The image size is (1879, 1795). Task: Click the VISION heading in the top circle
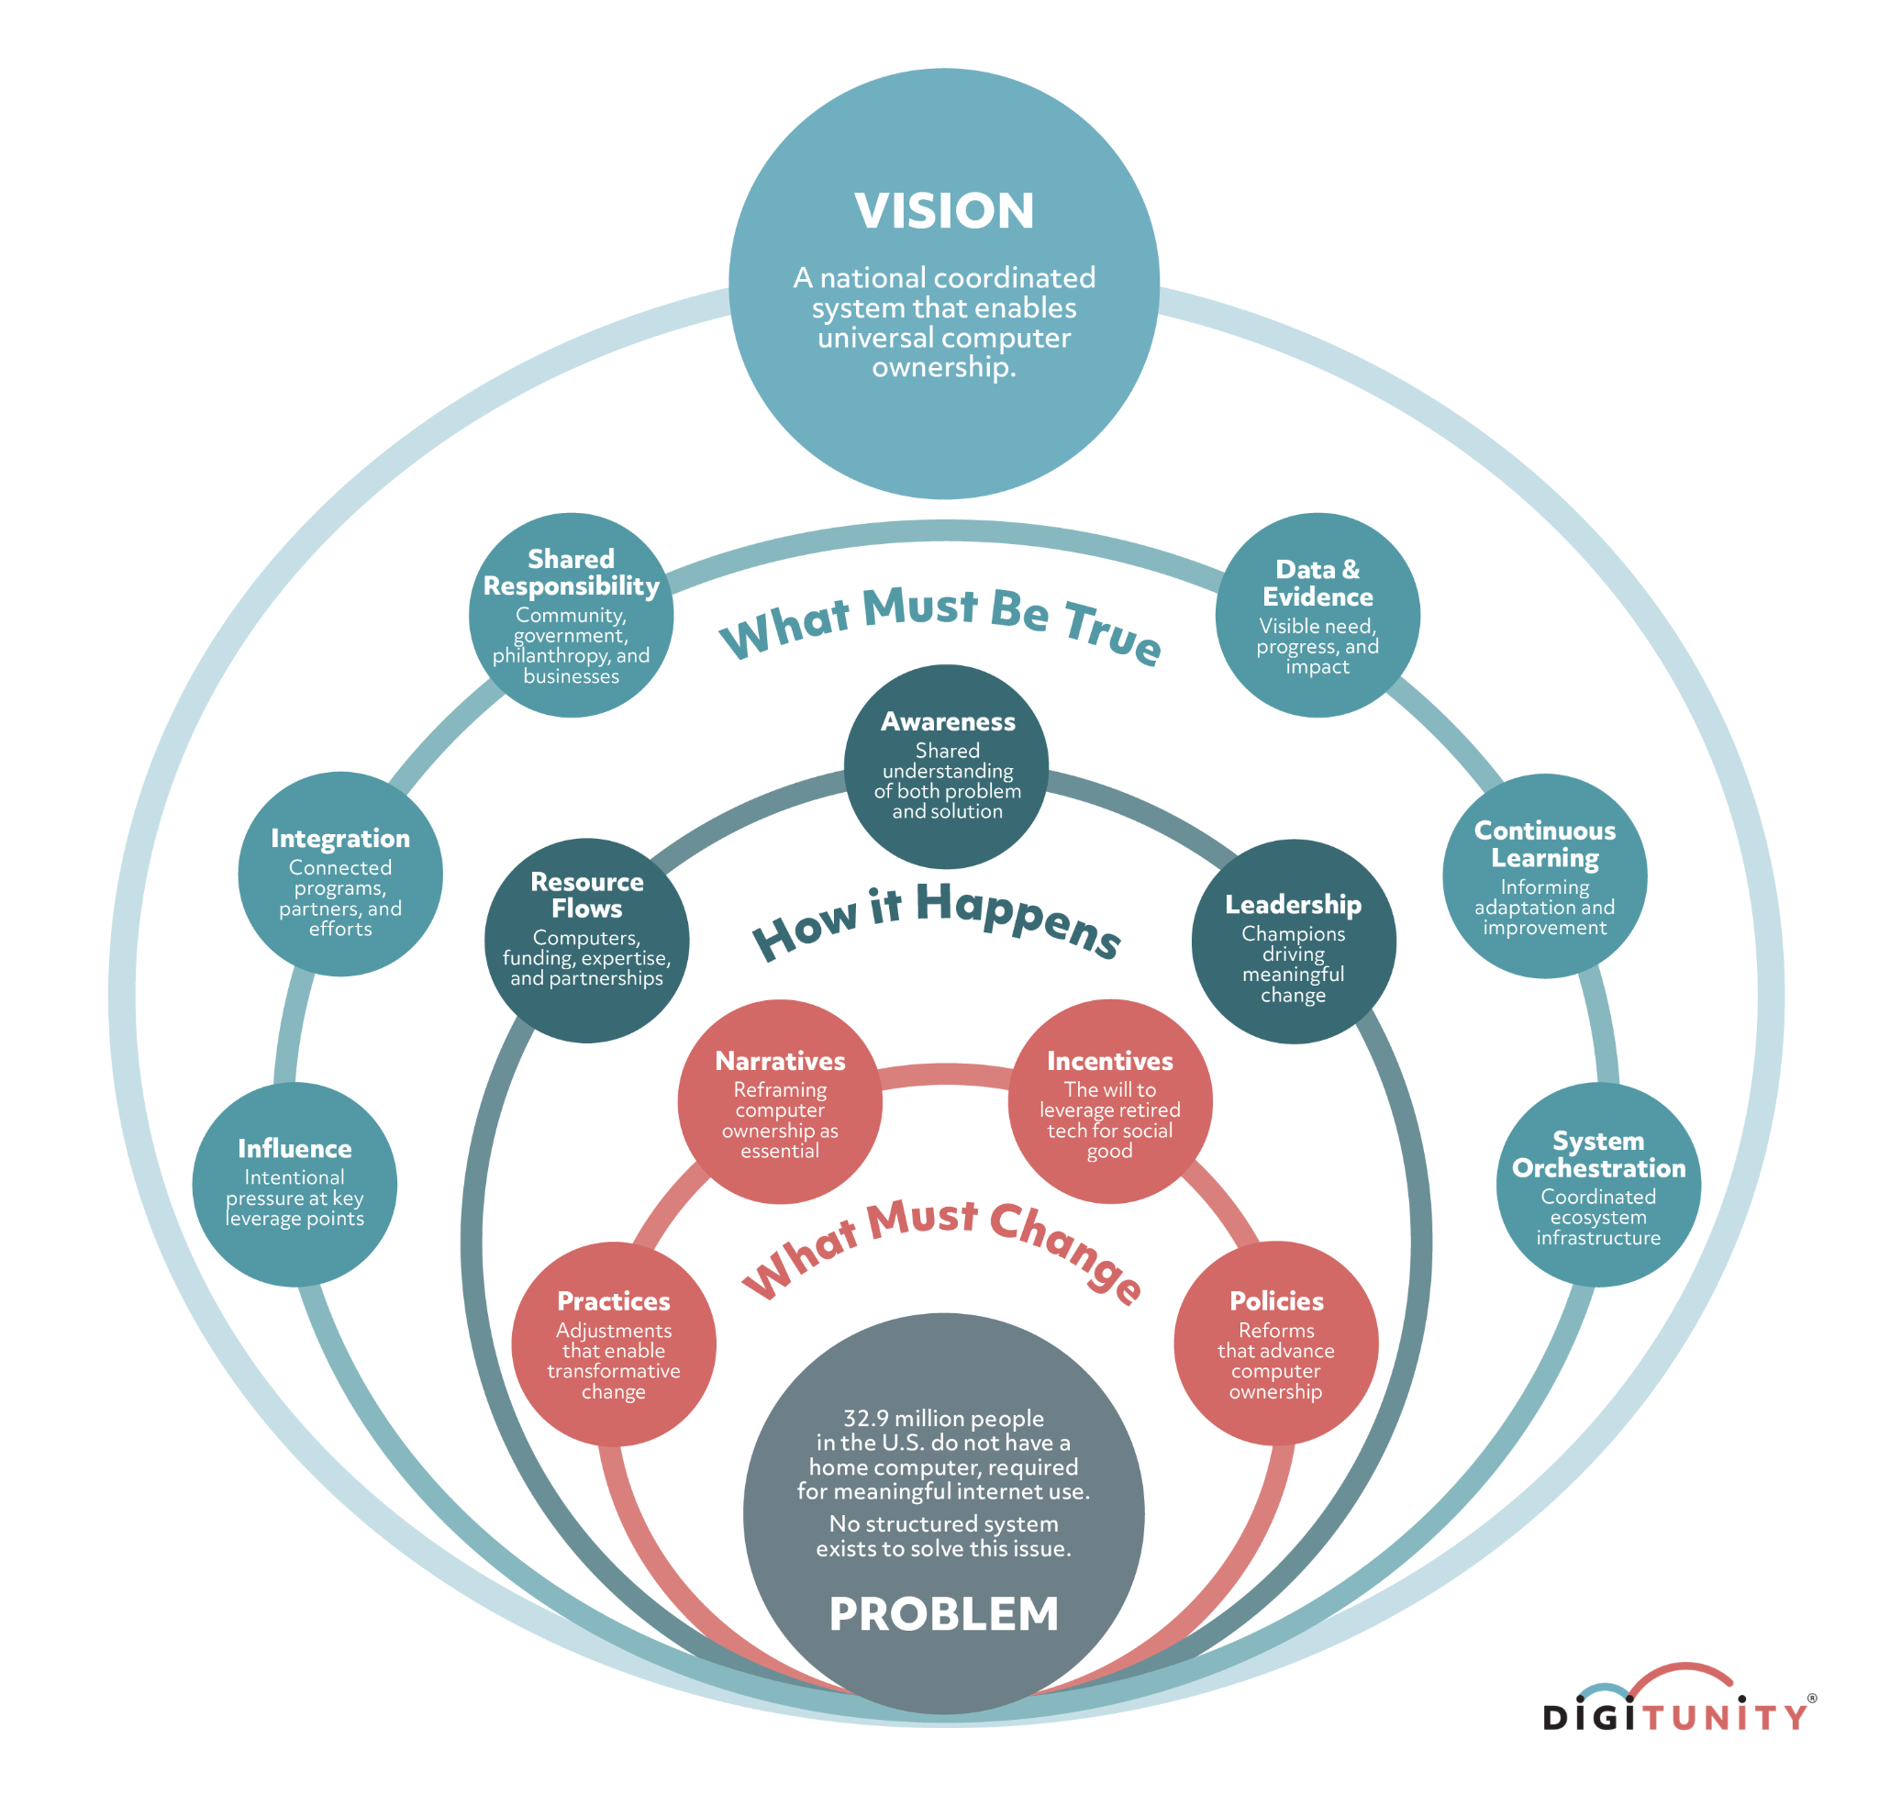tap(943, 210)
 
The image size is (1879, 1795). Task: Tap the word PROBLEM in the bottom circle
tap(943, 1613)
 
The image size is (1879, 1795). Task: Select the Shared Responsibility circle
tap(572, 615)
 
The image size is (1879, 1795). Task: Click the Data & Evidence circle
tap(1318, 615)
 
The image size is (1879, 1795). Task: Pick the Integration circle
tap(340, 874)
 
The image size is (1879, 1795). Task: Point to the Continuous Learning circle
tap(1544, 875)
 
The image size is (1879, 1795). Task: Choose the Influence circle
tap(295, 1185)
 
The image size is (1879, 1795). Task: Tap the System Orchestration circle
tap(1597, 1185)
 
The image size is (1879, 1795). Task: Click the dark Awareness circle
tap(946, 766)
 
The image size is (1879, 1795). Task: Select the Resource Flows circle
tap(586, 941)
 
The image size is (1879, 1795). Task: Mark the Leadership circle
tap(1294, 942)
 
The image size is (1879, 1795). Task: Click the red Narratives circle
tap(780, 1101)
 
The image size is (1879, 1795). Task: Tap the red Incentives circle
tap(1110, 1101)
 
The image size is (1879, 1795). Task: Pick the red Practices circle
tap(613, 1343)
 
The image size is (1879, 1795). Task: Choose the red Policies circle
tap(1275, 1343)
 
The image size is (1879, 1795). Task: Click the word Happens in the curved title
tap(1018, 920)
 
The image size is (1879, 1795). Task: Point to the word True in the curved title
tap(1112, 632)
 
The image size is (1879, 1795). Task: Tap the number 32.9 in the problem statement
tap(865, 1418)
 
